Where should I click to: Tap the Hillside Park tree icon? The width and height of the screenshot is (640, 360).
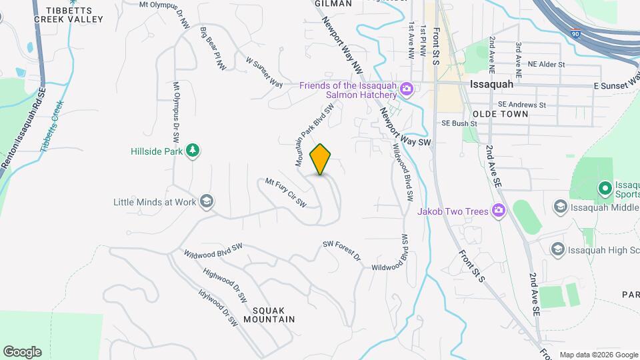pyautogui.click(x=193, y=151)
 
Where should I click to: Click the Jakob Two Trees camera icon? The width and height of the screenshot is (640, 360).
pyautogui.click(x=497, y=211)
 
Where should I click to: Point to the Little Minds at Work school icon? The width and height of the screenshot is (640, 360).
pyautogui.click(x=207, y=201)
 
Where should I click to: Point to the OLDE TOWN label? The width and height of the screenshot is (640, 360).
pyautogui.click(x=500, y=114)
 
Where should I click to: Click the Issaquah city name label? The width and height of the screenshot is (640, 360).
pyautogui.click(x=491, y=85)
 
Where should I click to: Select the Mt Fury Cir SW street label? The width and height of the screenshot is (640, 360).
pyautogui.click(x=285, y=191)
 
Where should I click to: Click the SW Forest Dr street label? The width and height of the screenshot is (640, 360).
pyautogui.click(x=341, y=251)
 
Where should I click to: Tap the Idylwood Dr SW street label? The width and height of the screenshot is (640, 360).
pyautogui.click(x=218, y=307)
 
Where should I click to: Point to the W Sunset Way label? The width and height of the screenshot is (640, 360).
pyautogui.click(x=264, y=71)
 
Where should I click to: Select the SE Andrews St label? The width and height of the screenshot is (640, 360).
pyautogui.click(x=522, y=105)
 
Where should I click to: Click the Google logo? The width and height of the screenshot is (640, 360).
pyautogui.click(x=22, y=352)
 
